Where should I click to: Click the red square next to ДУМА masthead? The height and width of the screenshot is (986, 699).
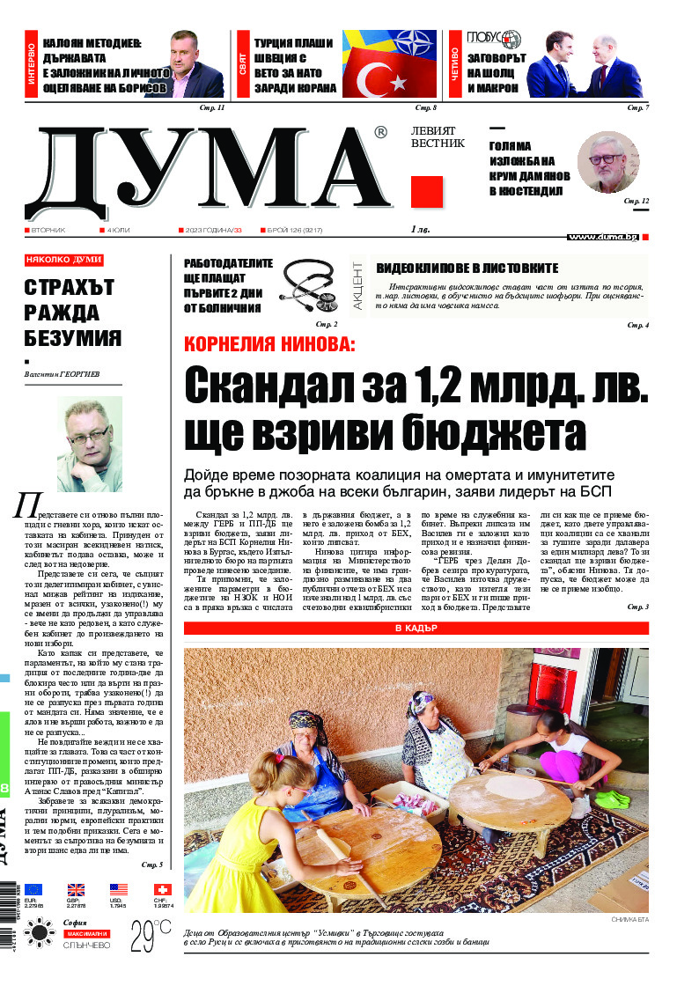[427, 192]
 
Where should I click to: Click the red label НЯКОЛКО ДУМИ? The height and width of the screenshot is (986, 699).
[64, 261]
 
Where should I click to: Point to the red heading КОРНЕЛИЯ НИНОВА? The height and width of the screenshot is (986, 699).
[269, 345]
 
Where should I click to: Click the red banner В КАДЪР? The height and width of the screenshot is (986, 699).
[416, 629]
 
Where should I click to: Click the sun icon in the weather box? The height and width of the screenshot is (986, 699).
[40, 932]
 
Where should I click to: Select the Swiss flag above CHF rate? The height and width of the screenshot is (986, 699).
[162, 889]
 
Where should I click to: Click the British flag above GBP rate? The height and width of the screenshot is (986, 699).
[76, 889]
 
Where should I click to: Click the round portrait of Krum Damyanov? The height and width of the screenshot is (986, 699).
[607, 162]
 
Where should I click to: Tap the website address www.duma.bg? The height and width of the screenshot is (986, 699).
[603, 237]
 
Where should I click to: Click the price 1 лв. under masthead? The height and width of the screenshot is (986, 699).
[420, 231]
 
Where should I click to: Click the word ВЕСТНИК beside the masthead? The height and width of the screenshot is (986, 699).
[438, 143]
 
